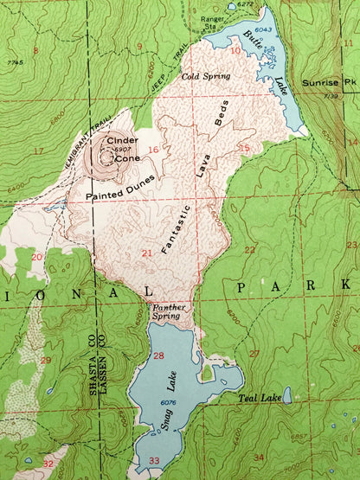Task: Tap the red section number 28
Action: coord(158,355)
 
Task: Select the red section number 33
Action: coord(154,459)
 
